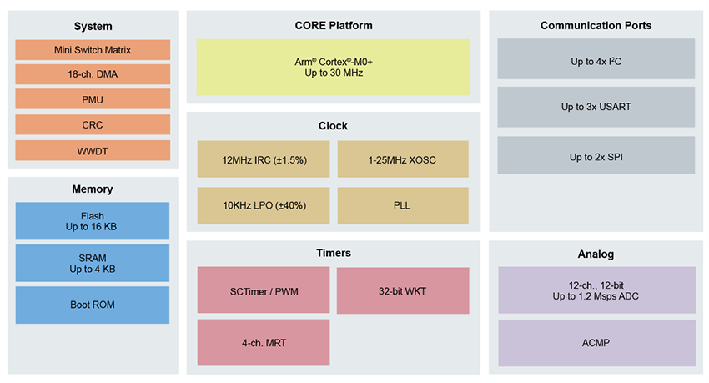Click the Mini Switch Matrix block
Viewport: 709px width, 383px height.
[x=93, y=50]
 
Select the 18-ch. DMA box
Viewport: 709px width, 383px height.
[x=93, y=75]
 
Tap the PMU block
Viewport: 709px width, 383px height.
[x=93, y=100]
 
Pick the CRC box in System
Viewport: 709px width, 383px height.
[x=93, y=125]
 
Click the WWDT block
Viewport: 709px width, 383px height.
[x=93, y=150]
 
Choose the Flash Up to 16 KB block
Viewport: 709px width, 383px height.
[x=93, y=221]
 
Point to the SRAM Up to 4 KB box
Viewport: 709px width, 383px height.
[x=93, y=263]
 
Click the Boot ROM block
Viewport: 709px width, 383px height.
[x=93, y=305]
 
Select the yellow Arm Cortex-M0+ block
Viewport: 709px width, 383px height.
[x=333, y=67]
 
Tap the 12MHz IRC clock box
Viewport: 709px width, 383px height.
[x=264, y=159]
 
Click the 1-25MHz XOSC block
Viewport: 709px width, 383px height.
[x=403, y=159]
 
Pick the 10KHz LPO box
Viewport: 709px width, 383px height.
[x=264, y=205]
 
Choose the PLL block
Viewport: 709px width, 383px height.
[x=403, y=205]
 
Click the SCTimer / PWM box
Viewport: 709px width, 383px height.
[x=264, y=290]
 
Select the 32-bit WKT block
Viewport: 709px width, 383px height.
[x=403, y=290]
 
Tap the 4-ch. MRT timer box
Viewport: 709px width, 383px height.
[x=264, y=342]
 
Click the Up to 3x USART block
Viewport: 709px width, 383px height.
[x=596, y=107]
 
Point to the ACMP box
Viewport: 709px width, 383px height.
[x=596, y=342]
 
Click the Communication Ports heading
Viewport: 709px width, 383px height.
[x=596, y=26]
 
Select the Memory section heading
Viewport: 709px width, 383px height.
[x=93, y=189]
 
